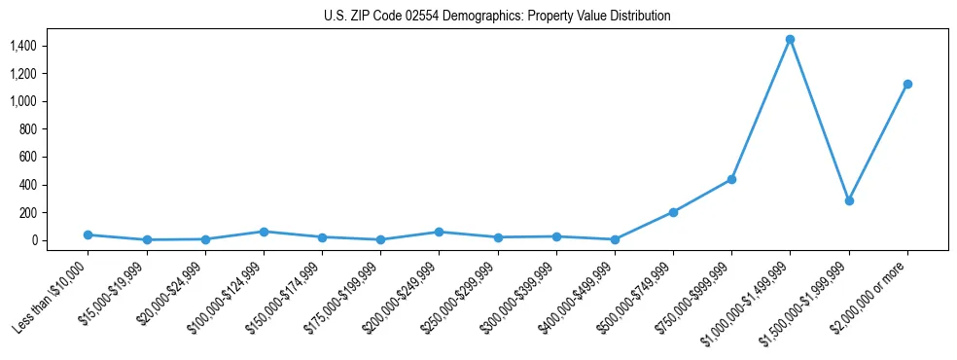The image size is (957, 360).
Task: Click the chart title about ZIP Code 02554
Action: pyautogui.click(x=497, y=16)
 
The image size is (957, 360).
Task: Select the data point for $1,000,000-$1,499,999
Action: pyautogui.click(x=790, y=39)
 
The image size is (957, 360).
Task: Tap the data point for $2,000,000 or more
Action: pyautogui.click(x=907, y=84)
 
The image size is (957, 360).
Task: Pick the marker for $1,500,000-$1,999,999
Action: pyautogui.click(x=849, y=200)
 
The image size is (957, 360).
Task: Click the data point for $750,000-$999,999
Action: pyautogui.click(x=731, y=179)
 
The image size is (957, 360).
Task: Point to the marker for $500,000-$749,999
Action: pyautogui.click(x=673, y=212)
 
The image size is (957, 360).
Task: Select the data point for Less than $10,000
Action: pyautogui.click(x=88, y=234)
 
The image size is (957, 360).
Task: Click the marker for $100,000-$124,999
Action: pyautogui.click(x=264, y=232)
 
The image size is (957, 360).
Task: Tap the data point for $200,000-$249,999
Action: pyautogui.click(x=439, y=232)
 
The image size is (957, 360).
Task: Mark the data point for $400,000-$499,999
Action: pyautogui.click(x=615, y=239)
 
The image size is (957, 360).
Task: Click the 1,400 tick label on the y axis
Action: pyautogui.click(x=51, y=46)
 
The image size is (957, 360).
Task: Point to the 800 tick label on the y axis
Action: pyautogui.click(x=55, y=129)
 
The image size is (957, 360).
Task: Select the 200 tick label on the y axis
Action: pyautogui.click(x=55, y=212)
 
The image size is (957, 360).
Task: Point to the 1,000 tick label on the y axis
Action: pyautogui.click(x=51, y=101)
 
